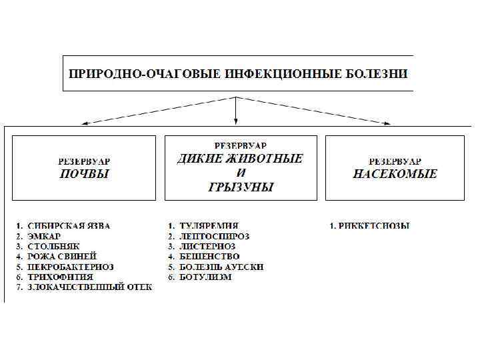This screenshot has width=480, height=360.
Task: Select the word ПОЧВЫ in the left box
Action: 83,174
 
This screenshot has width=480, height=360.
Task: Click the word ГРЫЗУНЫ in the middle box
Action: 241,187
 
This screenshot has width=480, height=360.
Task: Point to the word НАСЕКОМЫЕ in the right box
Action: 395,174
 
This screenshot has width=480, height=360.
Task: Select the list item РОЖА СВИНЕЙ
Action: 62,256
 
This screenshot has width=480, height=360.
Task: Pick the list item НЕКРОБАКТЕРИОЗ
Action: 71,267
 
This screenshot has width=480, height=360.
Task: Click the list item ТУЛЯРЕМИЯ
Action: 209,226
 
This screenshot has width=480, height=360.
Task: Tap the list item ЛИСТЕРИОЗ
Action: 207,246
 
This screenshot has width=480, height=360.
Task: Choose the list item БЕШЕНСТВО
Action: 209,256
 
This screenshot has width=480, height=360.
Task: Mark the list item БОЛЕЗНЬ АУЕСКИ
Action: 221,267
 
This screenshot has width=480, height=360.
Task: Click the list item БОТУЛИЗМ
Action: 206,277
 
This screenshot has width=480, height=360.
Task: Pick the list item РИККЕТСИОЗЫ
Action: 374,226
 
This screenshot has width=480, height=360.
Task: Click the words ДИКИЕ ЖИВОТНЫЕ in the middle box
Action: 239,159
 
